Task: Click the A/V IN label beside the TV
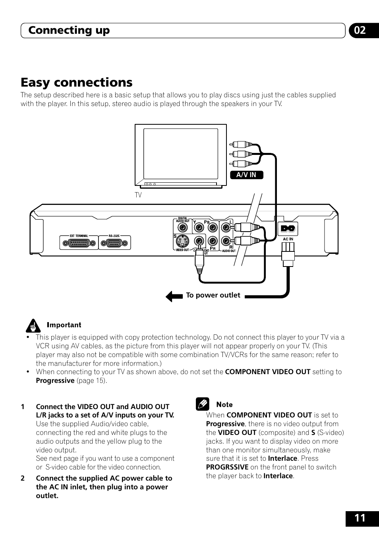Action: tap(246, 175)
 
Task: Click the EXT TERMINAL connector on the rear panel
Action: tap(79, 243)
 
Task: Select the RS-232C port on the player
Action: tap(114, 243)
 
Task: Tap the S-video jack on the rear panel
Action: tap(182, 241)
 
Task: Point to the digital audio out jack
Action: tap(182, 228)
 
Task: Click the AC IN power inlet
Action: tap(288, 229)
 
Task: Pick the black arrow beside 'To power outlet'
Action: tap(174, 296)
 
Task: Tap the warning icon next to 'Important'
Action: tap(33, 326)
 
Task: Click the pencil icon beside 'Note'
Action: tap(202, 404)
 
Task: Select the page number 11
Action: tap(360, 518)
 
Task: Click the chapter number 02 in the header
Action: tap(360, 31)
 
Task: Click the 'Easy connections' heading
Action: tap(77, 82)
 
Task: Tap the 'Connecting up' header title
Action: tap(69, 31)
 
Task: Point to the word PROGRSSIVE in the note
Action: tap(227, 467)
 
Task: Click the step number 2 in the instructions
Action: tap(23, 478)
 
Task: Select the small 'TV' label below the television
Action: tap(138, 195)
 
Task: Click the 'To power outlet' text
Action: tap(213, 295)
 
